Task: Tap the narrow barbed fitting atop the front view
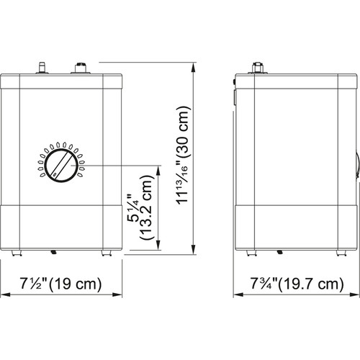pos(42,67)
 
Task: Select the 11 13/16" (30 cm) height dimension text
pos(184,158)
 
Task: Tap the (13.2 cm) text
pos(147,209)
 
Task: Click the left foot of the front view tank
pos(17,251)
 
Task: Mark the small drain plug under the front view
pos(53,251)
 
